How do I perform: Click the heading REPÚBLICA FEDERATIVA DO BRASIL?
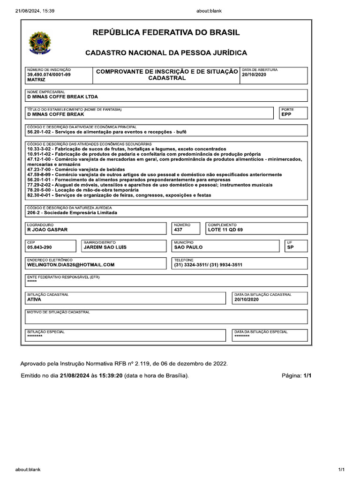[x=166, y=33]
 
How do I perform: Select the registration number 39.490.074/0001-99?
[x=49, y=75]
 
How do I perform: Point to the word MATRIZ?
[x=36, y=80]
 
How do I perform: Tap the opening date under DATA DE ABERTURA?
[x=254, y=75]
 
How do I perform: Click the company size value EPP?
[x=286, y=114]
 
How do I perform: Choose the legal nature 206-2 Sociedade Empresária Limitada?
[x=72, y=212]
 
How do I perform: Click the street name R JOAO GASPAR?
[x=47, y=230]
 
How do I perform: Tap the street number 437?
[x=179, y=230]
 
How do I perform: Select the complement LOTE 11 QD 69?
[x=225, y=230]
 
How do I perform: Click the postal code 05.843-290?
[x=40, y=247]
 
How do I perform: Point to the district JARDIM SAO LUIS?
[x=105, y=247]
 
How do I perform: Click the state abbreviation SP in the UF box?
[x=290, y=247]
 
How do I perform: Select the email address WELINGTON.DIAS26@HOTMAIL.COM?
[x=71, y=264]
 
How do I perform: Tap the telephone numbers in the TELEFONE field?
[x=208, y=264]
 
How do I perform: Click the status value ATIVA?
[x=34, y=299]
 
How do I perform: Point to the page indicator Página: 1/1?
[x=296, y=376]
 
